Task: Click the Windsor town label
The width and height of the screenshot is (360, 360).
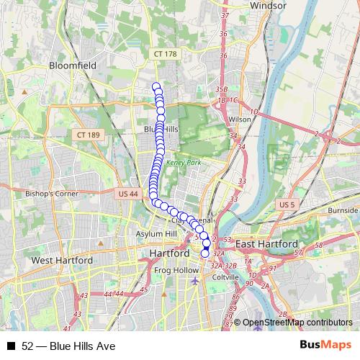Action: tap(268, 6)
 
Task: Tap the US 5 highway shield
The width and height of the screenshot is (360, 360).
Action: tap(287, 205)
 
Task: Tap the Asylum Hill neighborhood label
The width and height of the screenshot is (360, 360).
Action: tap(156, 235)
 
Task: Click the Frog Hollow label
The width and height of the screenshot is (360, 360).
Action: tap(176, 271)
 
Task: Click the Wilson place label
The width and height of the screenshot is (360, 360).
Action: tap(225, 120)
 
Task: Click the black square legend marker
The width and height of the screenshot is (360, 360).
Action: tap(11, 346)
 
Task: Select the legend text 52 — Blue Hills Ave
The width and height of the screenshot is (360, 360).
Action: tap(68, 346)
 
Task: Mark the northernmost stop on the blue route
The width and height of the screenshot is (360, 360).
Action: tap(156, 87)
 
